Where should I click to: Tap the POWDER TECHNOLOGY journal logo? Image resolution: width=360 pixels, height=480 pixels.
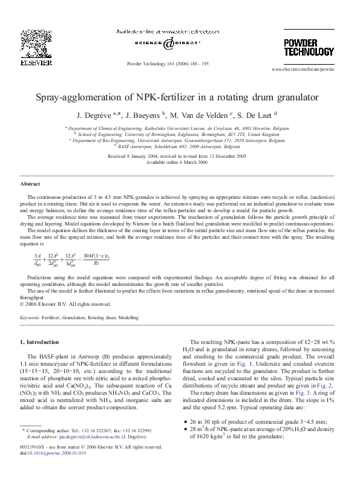[309, 47]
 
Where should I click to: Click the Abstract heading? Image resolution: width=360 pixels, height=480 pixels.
[30, 183]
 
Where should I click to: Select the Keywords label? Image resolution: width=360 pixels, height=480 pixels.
[30, 317]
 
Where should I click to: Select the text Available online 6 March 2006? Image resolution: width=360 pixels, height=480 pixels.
[180, 162]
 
